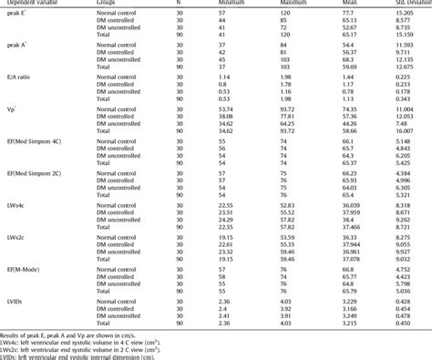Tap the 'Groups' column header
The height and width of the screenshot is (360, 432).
[x=109, y=4]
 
